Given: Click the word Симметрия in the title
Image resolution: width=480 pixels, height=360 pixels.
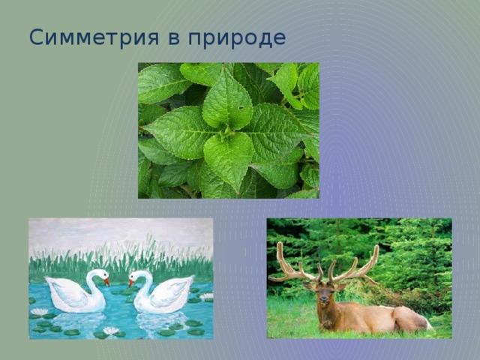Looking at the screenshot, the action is click(94, 37).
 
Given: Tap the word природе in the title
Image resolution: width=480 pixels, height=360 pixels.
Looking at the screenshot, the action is click(237, 39).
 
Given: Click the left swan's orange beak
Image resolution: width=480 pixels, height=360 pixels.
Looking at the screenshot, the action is click(106, 282).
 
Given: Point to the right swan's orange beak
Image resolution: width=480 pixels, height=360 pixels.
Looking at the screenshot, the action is click(131, 283).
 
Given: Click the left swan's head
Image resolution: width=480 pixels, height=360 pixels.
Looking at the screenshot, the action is click(102, 274).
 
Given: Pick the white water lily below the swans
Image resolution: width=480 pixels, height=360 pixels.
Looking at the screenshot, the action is click(111, 331).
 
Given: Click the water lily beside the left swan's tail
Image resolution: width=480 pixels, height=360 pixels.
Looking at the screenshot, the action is click(39, 312).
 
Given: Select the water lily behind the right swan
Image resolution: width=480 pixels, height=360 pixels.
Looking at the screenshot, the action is click(206, 296).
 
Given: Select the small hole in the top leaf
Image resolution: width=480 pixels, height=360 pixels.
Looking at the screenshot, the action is click(241, 108).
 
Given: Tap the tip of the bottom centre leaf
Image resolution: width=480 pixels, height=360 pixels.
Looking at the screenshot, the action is click(238, 193).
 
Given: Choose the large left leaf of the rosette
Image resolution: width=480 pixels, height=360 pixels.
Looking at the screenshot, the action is click(181, 132).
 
